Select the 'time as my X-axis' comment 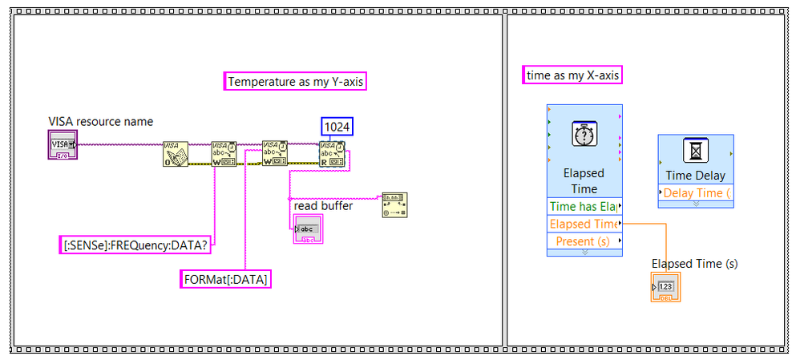pos(572,75)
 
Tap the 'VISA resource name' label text pos(100,122)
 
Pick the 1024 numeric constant pos(337,127)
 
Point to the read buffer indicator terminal pos(307,230)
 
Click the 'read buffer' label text pos(323,206)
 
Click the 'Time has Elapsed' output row pos(584,207)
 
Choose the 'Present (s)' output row pos(584,241)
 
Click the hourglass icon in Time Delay pos(695,151)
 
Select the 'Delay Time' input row pos(695,192)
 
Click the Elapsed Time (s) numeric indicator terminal pos(665,287)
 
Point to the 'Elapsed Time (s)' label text pos(694,264)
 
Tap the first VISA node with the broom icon pos(175,153)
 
